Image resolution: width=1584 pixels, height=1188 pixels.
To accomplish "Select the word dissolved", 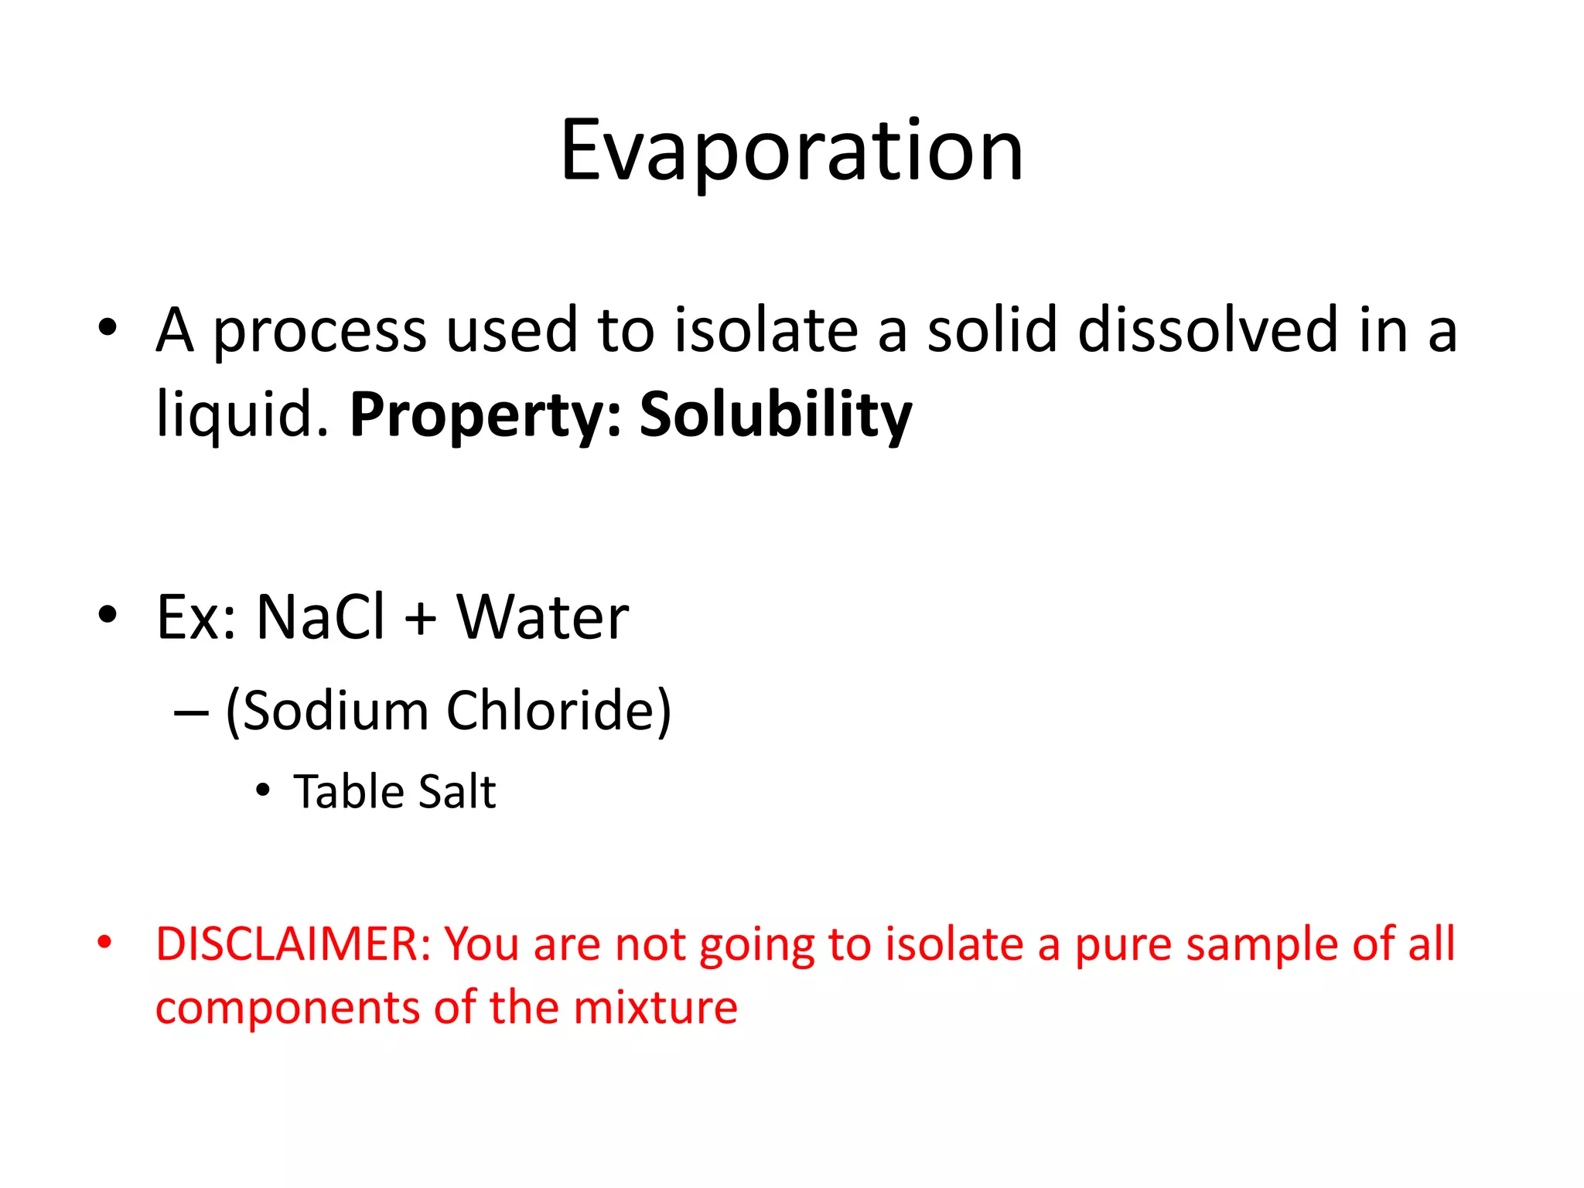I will pyautogui.click(x=1207, y=330).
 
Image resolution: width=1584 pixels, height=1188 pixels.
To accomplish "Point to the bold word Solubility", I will pyautogui.click(x=776, y=416).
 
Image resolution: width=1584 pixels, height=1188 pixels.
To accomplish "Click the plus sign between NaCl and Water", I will pyautogui.click(x=421, y=619).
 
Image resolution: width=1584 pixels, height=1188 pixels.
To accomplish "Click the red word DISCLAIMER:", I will pyautogui.click(x=293, y=944).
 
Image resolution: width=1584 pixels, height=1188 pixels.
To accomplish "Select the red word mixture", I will pyautogui.click(x=655, y=1008).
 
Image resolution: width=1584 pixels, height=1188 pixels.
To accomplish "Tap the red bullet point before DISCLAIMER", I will pyautogui.click(x=105, y=943).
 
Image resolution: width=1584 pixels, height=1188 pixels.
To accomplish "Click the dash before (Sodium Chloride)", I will pyautogui.click(x=191, y=712).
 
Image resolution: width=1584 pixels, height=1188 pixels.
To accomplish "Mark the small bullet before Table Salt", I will pyautogui.click(x=263, y=791).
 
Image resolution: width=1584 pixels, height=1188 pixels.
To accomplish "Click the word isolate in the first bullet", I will pyautogui.click(x=766, y=330).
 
